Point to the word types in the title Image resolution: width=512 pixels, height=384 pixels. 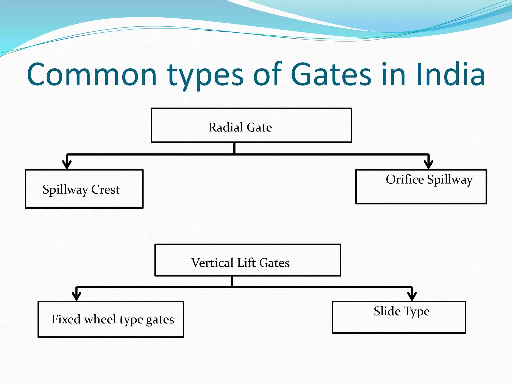tap(205, 76)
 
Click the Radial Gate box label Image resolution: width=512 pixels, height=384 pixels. tap(240, 127)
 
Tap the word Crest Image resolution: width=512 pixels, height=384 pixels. tap(105, 189)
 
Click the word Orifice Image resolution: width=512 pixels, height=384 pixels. tap(405, 179)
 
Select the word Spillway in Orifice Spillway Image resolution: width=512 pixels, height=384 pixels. tap(450, 180)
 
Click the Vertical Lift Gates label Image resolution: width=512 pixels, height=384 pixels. tap(240, 263)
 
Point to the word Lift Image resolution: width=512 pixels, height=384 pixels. tap(246, 263)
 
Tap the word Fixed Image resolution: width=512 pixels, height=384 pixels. tap(66, 319)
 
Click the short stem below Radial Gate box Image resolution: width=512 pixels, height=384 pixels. tap(234, 148)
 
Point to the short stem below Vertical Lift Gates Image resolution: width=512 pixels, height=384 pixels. tap(232, 281)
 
